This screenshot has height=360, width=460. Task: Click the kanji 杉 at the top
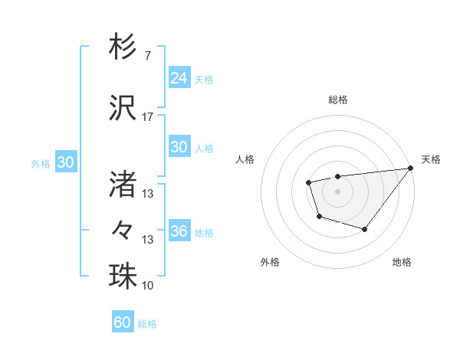(x=123, y=47)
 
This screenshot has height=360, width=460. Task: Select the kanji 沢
(x=123, y=106)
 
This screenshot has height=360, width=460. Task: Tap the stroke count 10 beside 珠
(x=148, y=286)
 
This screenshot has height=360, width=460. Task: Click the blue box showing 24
(x=179, y=78)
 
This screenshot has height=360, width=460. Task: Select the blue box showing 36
(x=179, y=231)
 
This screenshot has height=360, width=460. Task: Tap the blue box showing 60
(x=123, y=322)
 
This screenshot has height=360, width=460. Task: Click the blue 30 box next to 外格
(x=65, y=162)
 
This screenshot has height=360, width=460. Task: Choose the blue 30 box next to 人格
(x=179, y=147)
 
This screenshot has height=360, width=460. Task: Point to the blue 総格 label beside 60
(x=147, y=324)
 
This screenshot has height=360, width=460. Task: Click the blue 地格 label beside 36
(x=204, y=233)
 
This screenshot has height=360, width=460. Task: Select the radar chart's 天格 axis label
(x=431, y=159)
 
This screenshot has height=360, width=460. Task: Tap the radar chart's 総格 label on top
(x=338, y=100)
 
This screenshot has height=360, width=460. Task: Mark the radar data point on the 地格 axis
(x=365, y=229)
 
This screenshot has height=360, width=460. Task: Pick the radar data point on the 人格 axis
(x=308, y=182)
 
